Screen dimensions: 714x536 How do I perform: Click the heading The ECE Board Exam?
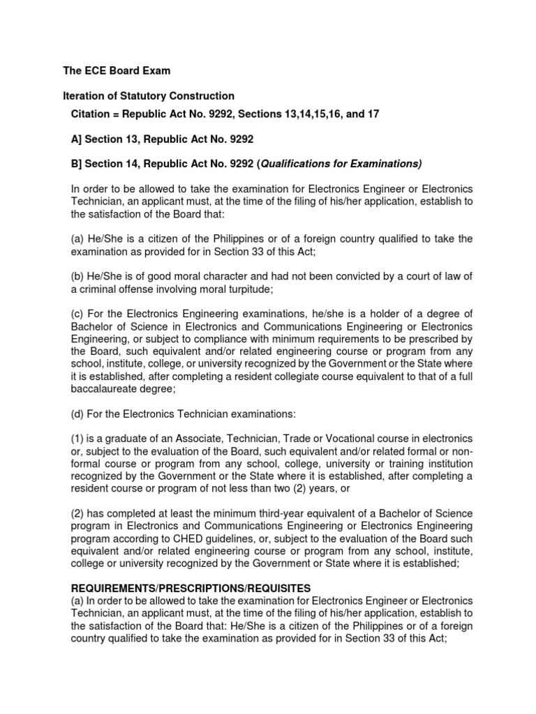click(117, 71)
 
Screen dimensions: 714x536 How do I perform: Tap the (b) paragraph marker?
click(79, 277)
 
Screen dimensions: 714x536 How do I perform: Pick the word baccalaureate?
click(105, 390)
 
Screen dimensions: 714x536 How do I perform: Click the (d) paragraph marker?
click(79, 414)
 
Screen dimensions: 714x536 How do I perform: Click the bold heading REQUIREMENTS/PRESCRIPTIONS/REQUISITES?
click(191, 589)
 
